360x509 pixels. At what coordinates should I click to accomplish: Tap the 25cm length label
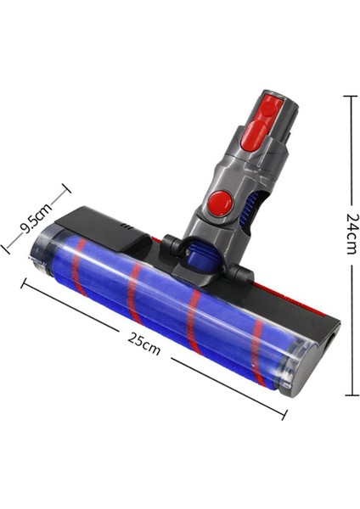(144, 344)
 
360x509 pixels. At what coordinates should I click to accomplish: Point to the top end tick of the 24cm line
(349, 96)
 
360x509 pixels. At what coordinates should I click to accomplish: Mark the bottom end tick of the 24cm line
(349, 394)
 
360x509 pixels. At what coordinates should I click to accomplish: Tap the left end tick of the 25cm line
(24, 283)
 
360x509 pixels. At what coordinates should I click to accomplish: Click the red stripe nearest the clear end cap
(79, 267)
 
